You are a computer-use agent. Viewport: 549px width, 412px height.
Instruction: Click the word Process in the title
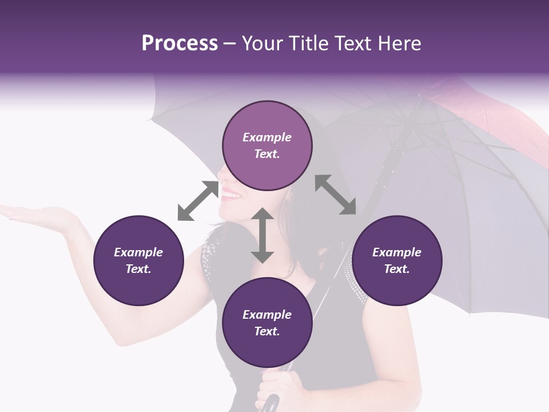(180, 43)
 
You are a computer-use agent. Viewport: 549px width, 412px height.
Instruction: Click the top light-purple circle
(267, 146)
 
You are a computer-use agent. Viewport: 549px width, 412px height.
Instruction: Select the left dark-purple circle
(138, 260)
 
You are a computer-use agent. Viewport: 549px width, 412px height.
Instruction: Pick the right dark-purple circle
(397, 260)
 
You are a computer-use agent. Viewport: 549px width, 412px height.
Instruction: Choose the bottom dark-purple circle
(267, 323)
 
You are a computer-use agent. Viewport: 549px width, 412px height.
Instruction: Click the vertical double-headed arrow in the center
(262, 235)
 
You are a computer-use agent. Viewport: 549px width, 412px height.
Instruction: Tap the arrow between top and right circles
(335, 195)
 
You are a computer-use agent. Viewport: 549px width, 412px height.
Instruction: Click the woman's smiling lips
(232, 194)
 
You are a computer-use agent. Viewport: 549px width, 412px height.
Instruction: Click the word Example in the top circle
(267, 137)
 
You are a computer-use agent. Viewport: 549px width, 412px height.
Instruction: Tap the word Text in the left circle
(138, 269)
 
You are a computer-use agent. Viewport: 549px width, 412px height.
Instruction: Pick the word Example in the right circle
(397, 252)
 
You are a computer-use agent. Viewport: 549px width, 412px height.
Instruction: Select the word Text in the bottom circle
(267, 331)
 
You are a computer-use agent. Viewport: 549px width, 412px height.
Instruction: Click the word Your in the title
(260, 43)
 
